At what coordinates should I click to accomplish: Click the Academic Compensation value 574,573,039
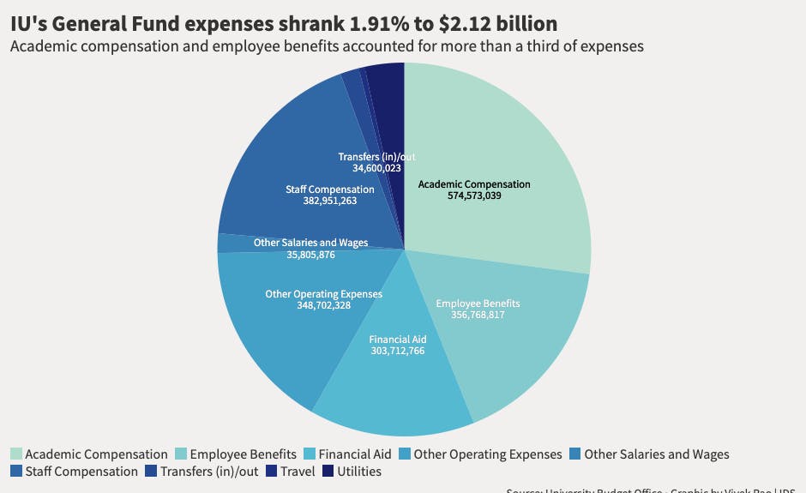point(474,196)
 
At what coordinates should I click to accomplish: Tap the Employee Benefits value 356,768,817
point(478,315)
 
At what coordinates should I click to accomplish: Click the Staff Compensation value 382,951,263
point(329,201)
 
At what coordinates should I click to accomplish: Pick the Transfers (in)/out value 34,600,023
point(376,169)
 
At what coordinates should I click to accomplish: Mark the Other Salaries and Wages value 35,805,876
point(310,255)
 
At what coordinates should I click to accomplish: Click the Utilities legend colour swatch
point(328,471)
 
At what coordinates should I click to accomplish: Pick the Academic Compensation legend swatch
point(16,454)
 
